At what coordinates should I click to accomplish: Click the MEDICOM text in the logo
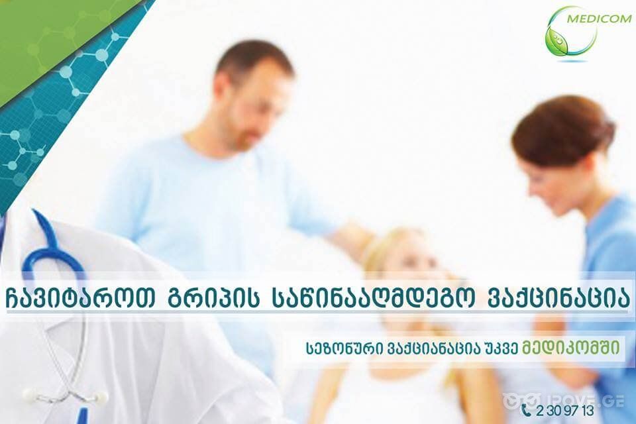pyautogui.click(x=602, y=19)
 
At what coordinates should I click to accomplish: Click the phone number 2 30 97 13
pyautogui.click(x=564, y=410)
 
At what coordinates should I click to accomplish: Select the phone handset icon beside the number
pyautogui.click(x=526, y=410)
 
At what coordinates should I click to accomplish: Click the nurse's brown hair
pyautogui.click(x=563, y=129)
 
